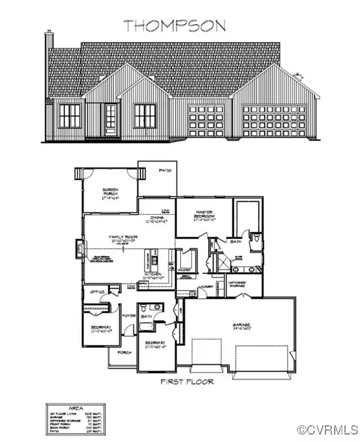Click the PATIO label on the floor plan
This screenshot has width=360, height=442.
point(166,171)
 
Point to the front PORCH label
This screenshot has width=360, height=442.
point(125,352)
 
